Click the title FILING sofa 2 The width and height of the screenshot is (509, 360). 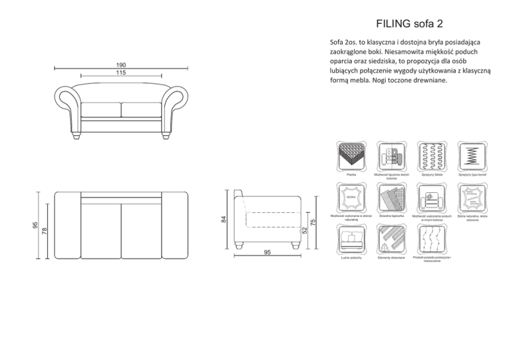[x=409, y=25]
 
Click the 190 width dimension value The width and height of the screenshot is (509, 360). [x=121, y=65]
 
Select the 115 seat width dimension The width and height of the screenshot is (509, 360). [x=121, y=73]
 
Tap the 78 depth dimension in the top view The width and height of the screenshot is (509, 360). [x=44, y=231]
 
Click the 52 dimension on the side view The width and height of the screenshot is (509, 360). [x=304, y=230]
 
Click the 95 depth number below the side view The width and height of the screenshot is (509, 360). [x=267, y=253]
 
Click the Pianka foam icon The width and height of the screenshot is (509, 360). [x=351, y=156]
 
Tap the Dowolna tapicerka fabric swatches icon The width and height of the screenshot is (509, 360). [x=392, y=197]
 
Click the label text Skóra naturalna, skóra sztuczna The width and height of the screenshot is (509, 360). [x=472, y=218]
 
